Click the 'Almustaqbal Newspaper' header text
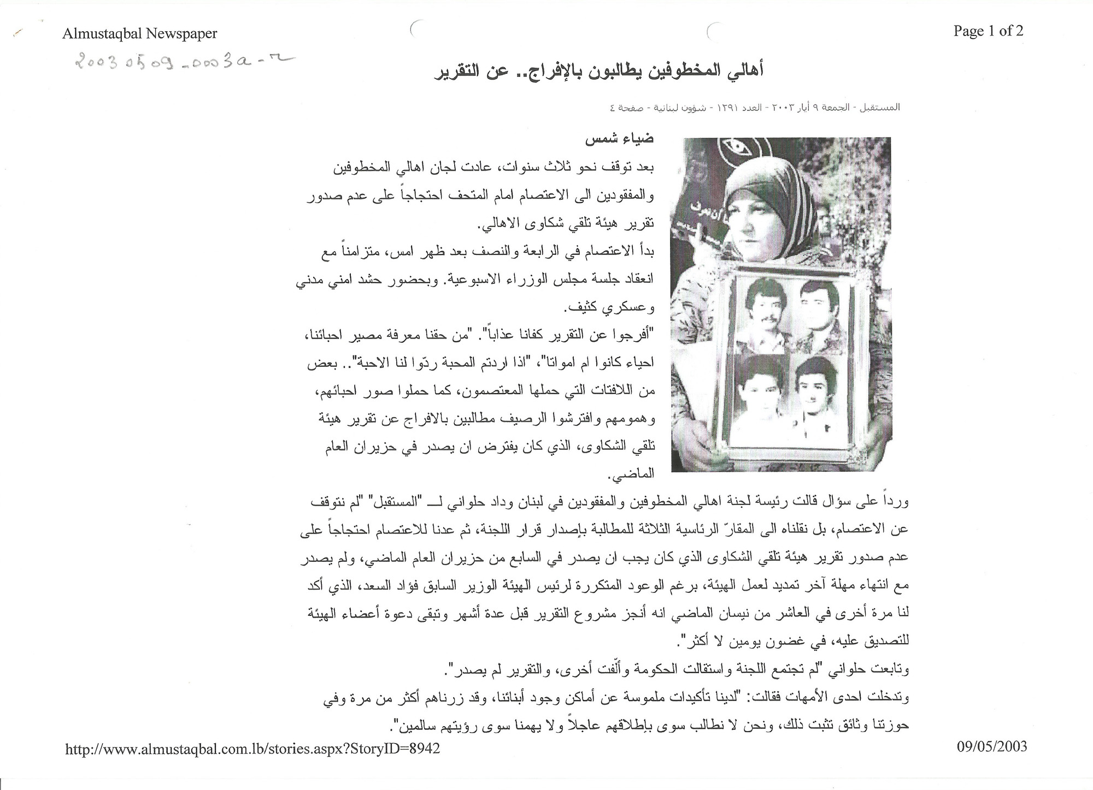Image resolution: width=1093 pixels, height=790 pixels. [x=140, y=34]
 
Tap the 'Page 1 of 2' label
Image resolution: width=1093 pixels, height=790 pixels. [x=988, y=31]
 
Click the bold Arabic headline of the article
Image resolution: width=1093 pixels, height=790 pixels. [x=595, y=72]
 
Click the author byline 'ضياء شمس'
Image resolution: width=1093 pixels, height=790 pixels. [x=620, y=139]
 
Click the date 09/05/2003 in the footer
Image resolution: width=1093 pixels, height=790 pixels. [x=991, y=746]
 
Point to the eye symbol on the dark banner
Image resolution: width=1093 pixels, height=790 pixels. [x=733, y=147]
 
